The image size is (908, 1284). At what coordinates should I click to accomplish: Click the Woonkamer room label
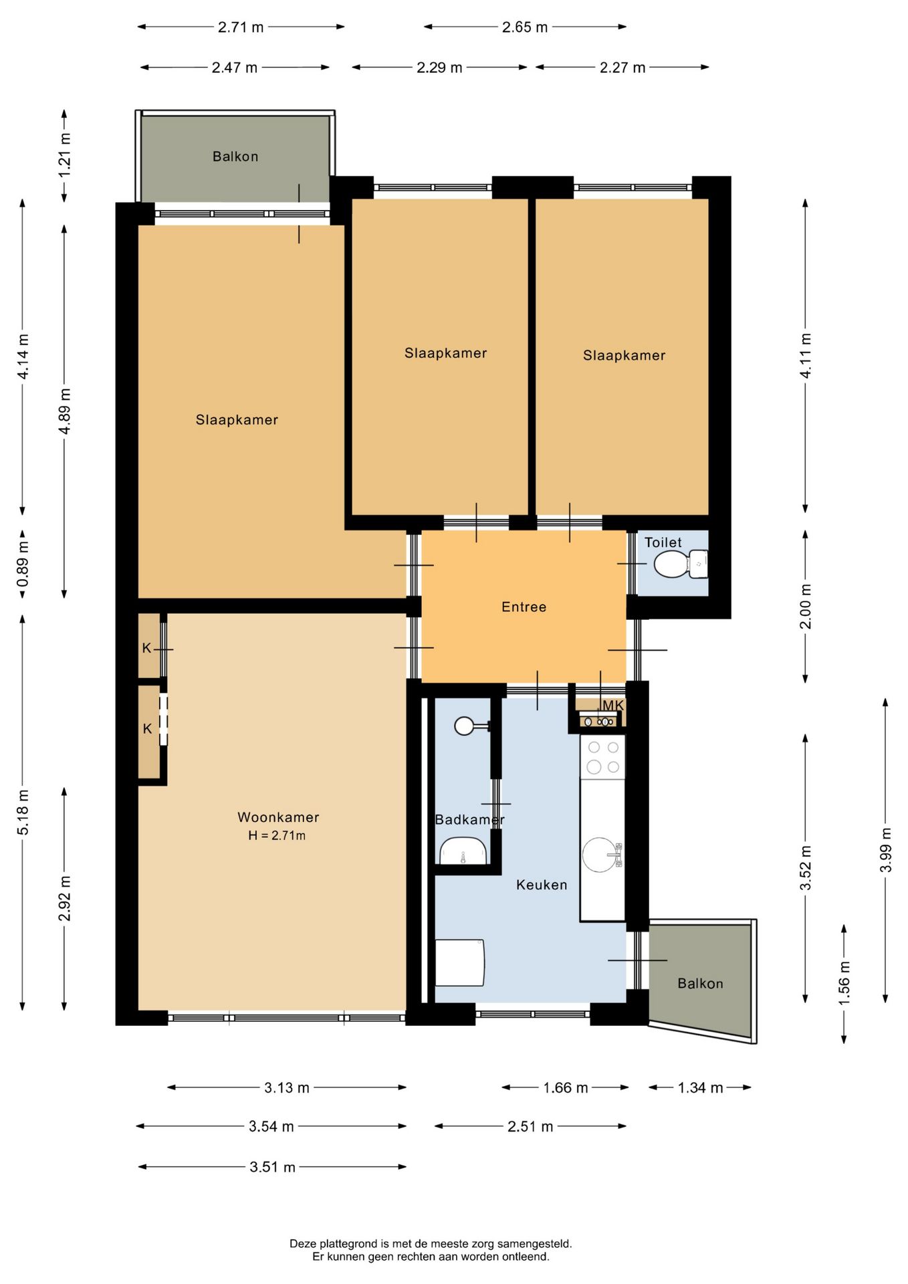(278, 817)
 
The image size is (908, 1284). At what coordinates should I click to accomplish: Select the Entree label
(524, 607)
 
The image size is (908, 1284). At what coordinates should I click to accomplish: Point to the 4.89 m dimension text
(64, 411)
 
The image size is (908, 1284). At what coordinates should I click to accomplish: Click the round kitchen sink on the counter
(601, 854)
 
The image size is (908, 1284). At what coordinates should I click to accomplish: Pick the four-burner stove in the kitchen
(602, 756)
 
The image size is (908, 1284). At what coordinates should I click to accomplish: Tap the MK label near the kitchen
(613, 706)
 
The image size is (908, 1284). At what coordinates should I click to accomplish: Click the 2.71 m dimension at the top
(241, 27)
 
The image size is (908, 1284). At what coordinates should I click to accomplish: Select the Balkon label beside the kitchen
(700, 983)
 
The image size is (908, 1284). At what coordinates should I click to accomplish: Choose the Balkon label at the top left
(235, 156)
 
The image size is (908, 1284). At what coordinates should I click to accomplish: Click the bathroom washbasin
(463, 851)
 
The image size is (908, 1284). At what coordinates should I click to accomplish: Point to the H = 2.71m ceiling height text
(277, 835)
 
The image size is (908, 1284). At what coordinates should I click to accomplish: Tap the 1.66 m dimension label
(565, 1087)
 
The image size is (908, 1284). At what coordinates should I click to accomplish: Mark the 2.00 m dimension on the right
(806, 606)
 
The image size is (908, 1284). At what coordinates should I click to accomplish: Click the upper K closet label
(146, 648)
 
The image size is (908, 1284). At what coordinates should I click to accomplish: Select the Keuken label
(542, 885)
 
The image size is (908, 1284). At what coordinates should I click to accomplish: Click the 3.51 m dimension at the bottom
(272, 1167)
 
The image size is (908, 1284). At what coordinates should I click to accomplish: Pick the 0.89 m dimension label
(23, 564)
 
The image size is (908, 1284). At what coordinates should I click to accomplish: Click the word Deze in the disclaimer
(302, 1244)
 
